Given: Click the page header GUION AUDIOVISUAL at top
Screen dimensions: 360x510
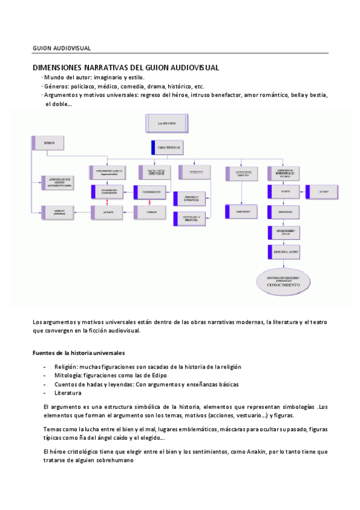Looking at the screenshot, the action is tap(62, 48).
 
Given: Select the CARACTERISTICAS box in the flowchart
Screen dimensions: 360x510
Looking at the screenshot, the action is tap(166, 146).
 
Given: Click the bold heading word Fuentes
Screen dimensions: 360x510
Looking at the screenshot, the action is tap(44, 352).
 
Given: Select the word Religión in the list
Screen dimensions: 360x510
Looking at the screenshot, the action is tap(66, 367).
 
